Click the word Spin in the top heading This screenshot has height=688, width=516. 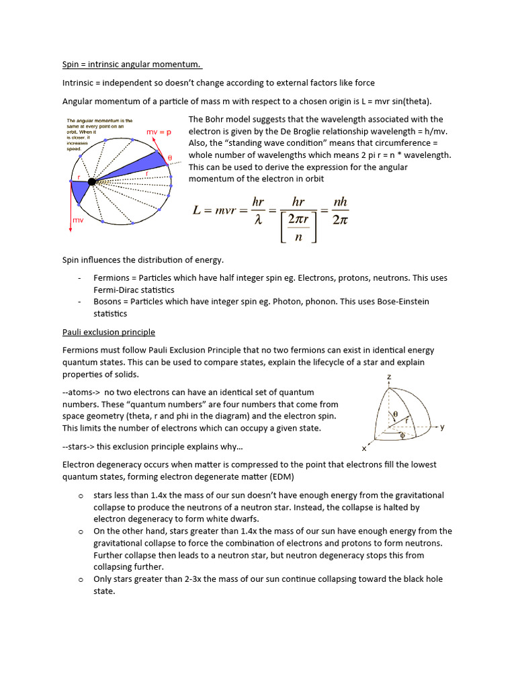pyautogui.click(x=71, y=64)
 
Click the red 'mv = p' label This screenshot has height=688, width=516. pyautogui.click(x=159, y=132)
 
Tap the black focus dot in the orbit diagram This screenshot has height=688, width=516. pyautogui.click(x=91, y=181)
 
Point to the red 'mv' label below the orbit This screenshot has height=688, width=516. pyautogui.click(x=78, y=220)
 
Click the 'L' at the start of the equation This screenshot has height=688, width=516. pyautogui.click(x=198, y=210)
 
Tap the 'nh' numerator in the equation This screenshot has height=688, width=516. pyautogui.click(x=341, y=202)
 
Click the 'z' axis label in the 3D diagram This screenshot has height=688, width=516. pyautogui.click(x=389, y=378)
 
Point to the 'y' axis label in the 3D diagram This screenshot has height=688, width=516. pyautogui.click(x=442, y=427)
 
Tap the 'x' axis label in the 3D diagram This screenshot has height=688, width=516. pyautogui.click(x=363, y=448)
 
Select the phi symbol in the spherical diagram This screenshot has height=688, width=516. pyautogui.click(x=402, y=435)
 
